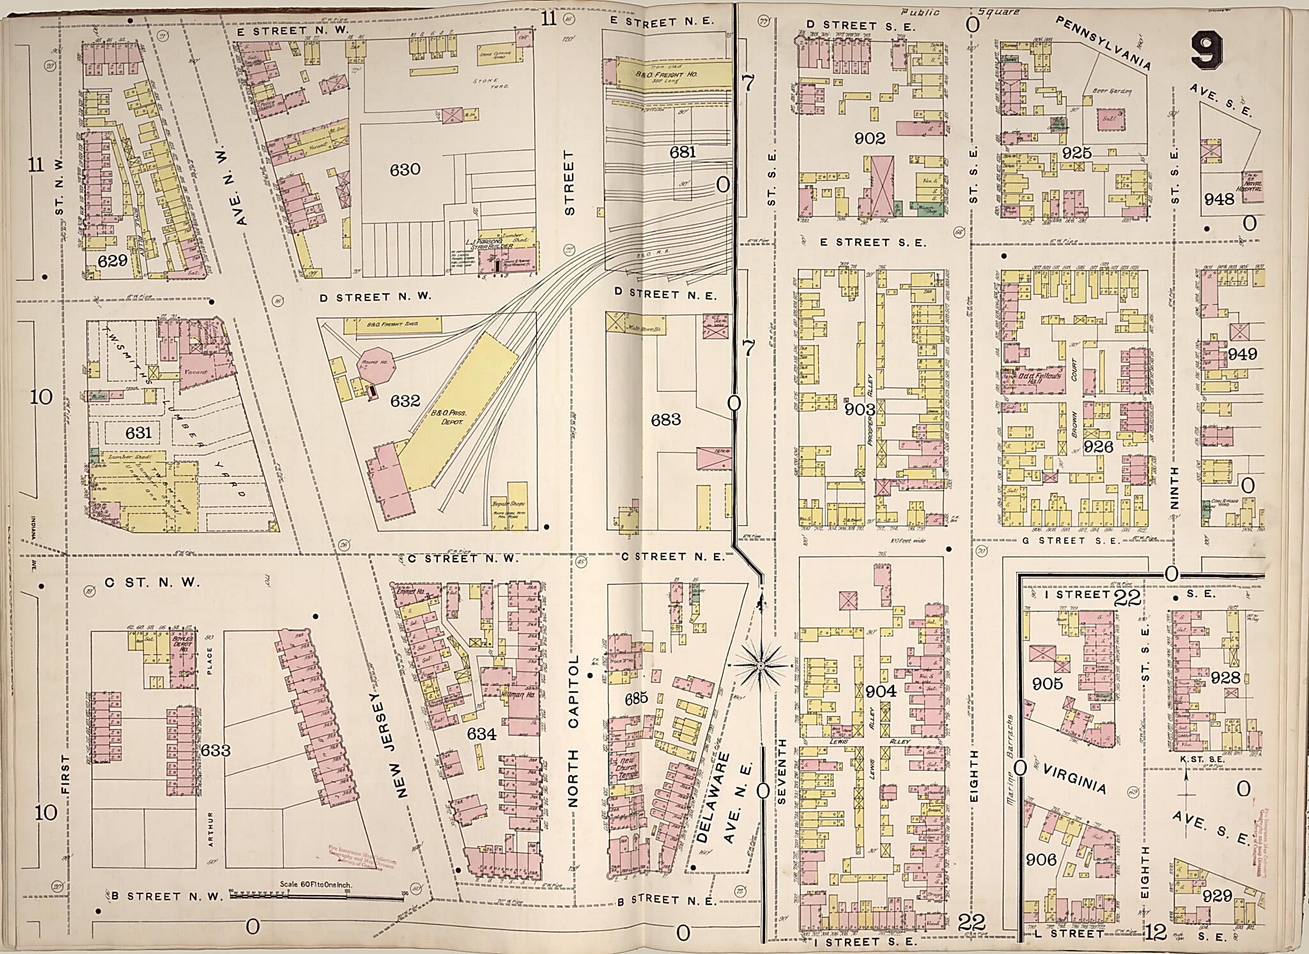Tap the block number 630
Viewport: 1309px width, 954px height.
[405, 169]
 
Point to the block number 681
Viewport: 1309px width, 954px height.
[682, 152]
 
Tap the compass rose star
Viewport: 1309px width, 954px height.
[761, 666]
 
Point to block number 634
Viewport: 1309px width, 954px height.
[481, 734]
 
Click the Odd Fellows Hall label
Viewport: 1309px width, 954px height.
[1039, 376]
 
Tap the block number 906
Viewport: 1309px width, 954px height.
[1041, 860]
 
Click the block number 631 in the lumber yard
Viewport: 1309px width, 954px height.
[138, 433]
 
